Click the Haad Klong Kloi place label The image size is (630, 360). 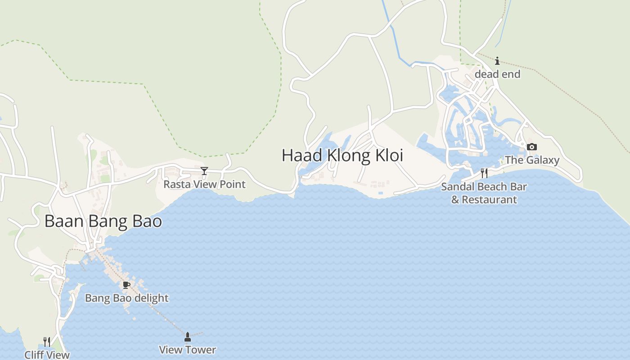[342, 155]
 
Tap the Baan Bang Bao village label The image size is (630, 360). [103, 221]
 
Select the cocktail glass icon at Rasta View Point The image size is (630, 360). [204, 171]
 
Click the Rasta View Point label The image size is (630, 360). [204, 184]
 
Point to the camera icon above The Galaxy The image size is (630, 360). [532, 147]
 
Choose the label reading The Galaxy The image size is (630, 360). [532, 160]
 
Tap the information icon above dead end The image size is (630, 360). [497, 61]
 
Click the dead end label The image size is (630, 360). [497, 74]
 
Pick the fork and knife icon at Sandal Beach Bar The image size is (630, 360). [484, 173]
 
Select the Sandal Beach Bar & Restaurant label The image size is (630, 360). [484, 193]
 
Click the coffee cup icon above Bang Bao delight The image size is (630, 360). [126, 285]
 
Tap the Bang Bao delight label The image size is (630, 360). [126, 298]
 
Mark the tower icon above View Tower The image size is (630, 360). [188, 337]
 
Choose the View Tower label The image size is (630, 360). [188, 350]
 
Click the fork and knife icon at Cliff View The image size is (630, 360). [47, 342]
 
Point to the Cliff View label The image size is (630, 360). [47, 355]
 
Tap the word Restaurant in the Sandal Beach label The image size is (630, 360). [490, 199]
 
